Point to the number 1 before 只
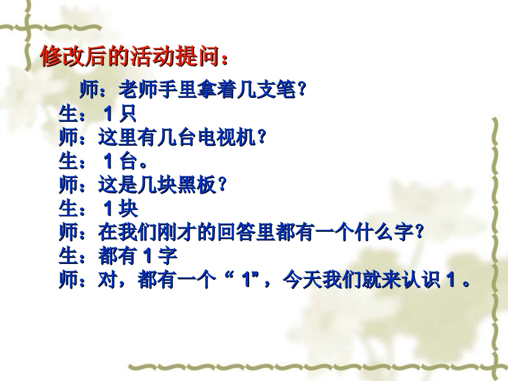pyautogui.click(x=108, y=114)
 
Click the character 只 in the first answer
pyautogui.click(x=128, y=114)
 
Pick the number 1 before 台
pyautogui.click(x=108, y=161)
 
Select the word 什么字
pyautogui.click(x=393, y=232)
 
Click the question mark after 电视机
pyautogui.click(x=261, y=138)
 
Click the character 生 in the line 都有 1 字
pyautogui.click(x=68, y=256)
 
